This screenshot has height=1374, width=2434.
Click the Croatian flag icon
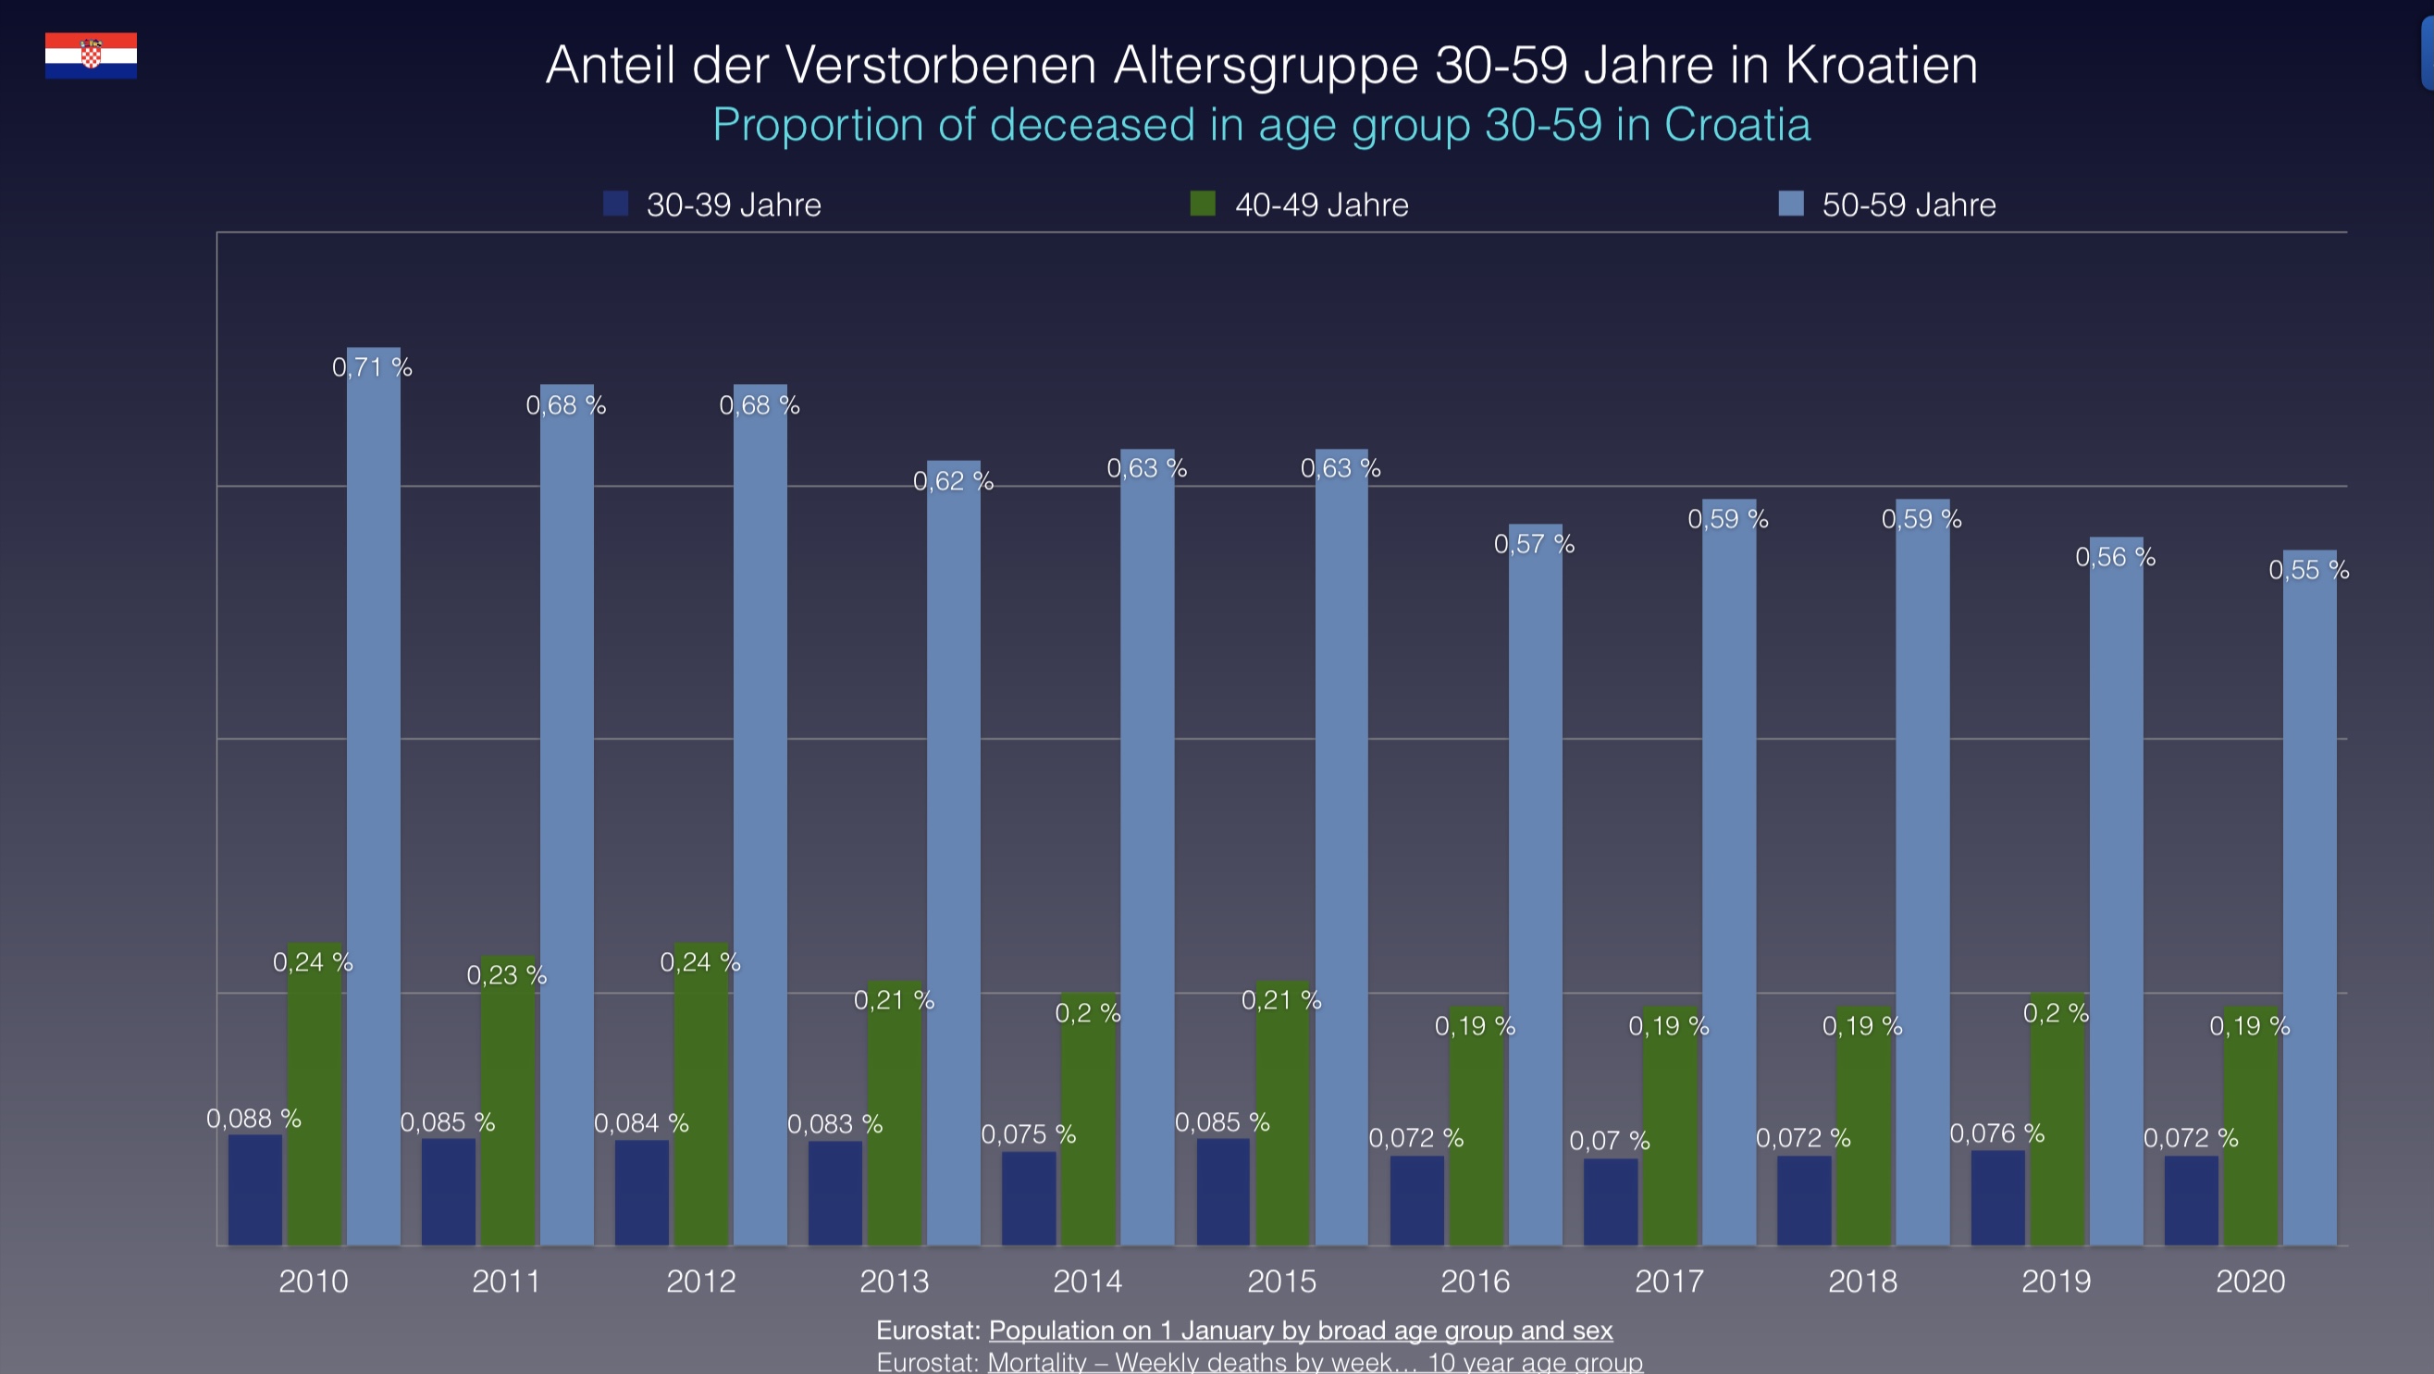click(91, 55)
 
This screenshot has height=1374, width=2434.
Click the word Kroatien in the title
click(1880, 65)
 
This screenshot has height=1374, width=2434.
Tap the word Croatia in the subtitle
click(1736, 125)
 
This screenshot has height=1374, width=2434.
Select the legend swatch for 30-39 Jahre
click(616, 204)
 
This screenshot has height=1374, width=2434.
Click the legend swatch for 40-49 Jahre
click(1203, 204)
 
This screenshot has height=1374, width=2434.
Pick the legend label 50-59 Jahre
click(1909, 205)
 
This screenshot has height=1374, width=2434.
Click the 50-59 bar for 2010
click(373, 796)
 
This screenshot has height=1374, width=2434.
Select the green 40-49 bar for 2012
click(701, 1094)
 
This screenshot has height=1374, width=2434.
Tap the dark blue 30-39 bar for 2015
click(1223, 1192)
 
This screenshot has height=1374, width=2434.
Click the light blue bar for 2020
click(2309, 897)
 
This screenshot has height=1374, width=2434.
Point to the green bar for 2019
click(2057, 1119)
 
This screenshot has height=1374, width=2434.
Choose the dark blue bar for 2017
click(1610, 1201)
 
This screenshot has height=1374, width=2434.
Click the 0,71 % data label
click(372, 367)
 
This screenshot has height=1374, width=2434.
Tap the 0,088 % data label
click(253, 1119)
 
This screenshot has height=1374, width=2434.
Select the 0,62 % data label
click(954, 481)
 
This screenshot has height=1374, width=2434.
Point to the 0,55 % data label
click(2309, 570)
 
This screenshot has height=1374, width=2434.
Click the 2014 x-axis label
click(1088, 1281)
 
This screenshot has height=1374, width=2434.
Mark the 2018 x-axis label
click(1862, 1281)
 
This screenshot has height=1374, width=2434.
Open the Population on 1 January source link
click(1300, 1331)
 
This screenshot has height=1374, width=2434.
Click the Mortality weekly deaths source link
click(1316, 1362)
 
